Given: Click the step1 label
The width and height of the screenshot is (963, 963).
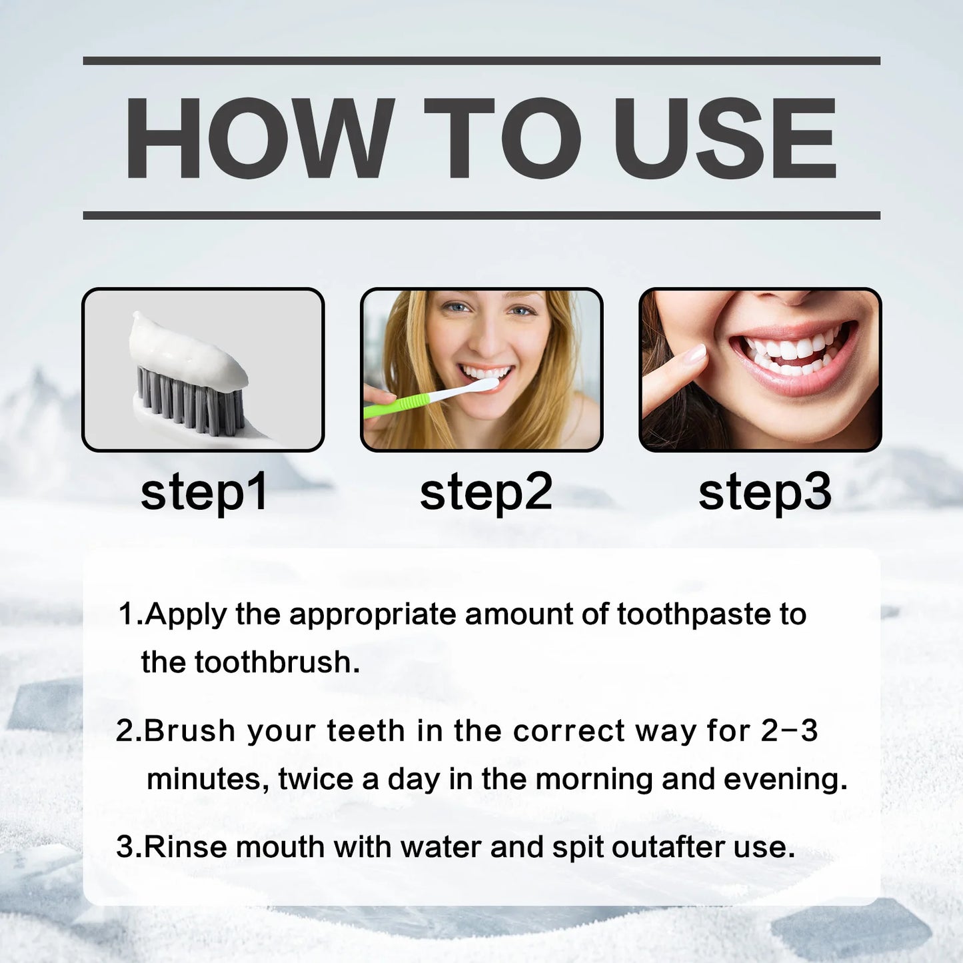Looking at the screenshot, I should [204, 492].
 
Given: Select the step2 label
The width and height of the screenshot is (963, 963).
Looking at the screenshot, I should [486, 492].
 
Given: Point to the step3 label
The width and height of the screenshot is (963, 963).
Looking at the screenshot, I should [764, 492].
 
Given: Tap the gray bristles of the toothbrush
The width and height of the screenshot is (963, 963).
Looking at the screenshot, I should [190, 400].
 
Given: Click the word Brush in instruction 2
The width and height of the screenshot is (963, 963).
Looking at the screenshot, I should [189, 730].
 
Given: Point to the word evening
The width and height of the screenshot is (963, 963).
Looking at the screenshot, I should [785, 779].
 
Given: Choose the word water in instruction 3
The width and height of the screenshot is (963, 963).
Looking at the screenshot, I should [441, 847].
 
